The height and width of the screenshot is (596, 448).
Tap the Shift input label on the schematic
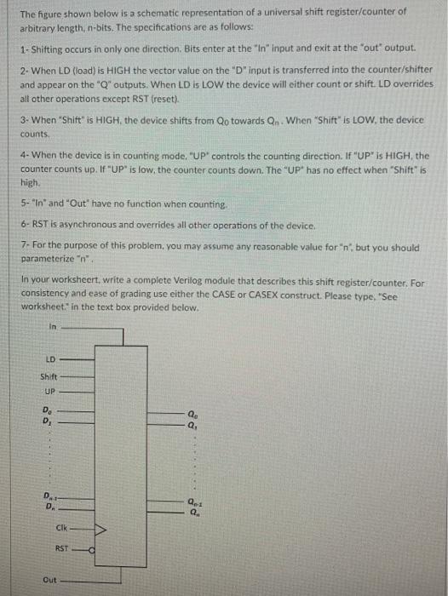[x=49, y=377]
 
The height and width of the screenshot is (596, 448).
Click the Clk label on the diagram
[x=62, y=531]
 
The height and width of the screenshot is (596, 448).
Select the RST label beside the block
[x=62, y=549]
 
